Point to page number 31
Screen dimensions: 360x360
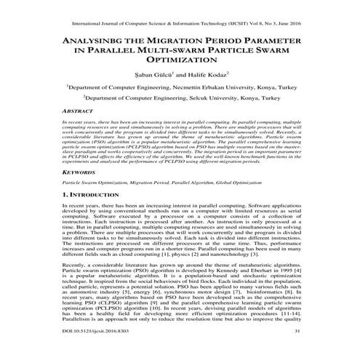(x=317, y=351)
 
